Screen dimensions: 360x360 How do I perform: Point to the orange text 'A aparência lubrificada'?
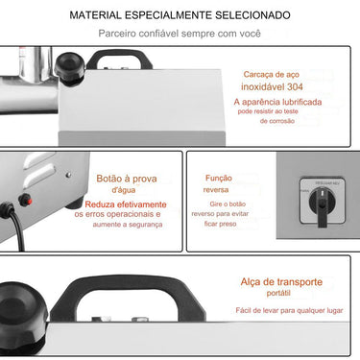pos(276,102)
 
